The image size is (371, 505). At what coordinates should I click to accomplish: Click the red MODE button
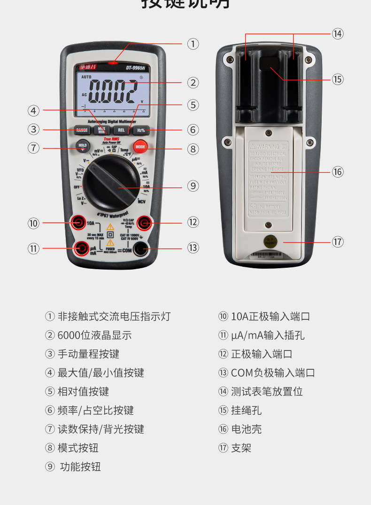point(140,147)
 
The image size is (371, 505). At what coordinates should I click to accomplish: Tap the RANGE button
point(82,130)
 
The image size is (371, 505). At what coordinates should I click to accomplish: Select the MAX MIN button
point(101,130)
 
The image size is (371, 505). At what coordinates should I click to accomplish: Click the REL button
point(121,130)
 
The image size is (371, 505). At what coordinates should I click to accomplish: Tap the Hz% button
point(140,130)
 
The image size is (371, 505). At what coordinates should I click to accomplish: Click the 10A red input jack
point(78,222)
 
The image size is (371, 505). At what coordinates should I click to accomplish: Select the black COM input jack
point(140,249)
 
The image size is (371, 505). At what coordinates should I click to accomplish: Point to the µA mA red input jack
point(82,248)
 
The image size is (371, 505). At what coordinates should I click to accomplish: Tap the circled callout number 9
point(193,186)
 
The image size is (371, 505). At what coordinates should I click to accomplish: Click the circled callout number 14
point(338,34)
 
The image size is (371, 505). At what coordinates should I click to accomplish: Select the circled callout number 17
point(338,242)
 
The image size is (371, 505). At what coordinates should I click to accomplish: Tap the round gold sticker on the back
point(271,243)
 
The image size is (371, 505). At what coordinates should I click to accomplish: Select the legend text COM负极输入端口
point(273,373)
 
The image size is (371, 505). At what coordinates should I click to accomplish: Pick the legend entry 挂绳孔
point(246,411)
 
